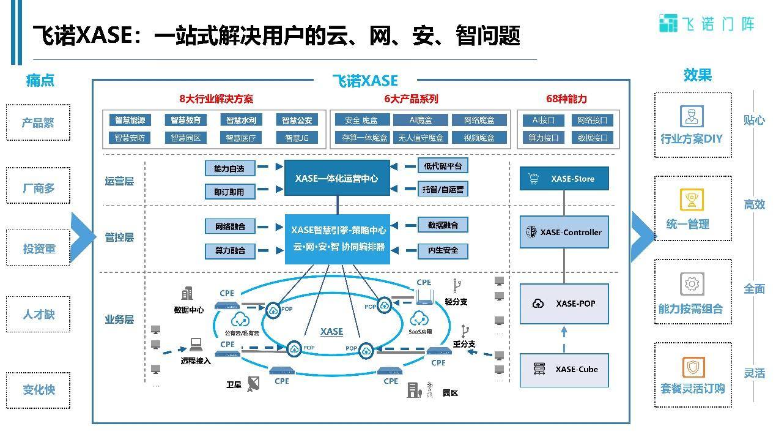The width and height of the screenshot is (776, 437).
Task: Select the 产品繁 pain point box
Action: pos(38,122)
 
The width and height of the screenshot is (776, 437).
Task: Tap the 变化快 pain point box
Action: pos(38,389)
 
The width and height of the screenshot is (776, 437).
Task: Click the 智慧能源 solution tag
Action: pos(130,121)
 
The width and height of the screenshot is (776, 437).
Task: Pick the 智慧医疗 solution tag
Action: pos(240,138)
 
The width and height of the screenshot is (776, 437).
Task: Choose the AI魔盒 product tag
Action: pos(420,121)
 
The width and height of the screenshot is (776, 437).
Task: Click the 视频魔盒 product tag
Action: pos(479,138)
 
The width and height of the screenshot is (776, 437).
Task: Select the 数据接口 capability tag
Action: pos(593,138)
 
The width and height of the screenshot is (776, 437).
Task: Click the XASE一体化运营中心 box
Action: pos(336,179)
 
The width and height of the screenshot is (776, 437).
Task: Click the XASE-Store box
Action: pos(564,179)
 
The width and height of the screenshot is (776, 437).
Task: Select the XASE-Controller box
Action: pos(564,232)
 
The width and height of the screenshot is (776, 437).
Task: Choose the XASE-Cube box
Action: pos(564,369)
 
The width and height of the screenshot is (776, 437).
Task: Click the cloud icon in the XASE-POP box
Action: pos(539,304)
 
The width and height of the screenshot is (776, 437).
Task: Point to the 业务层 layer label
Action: pos(119,319)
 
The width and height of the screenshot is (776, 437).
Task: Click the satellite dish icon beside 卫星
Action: pos(254,384)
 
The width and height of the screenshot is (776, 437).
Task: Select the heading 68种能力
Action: pos(566,99)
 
